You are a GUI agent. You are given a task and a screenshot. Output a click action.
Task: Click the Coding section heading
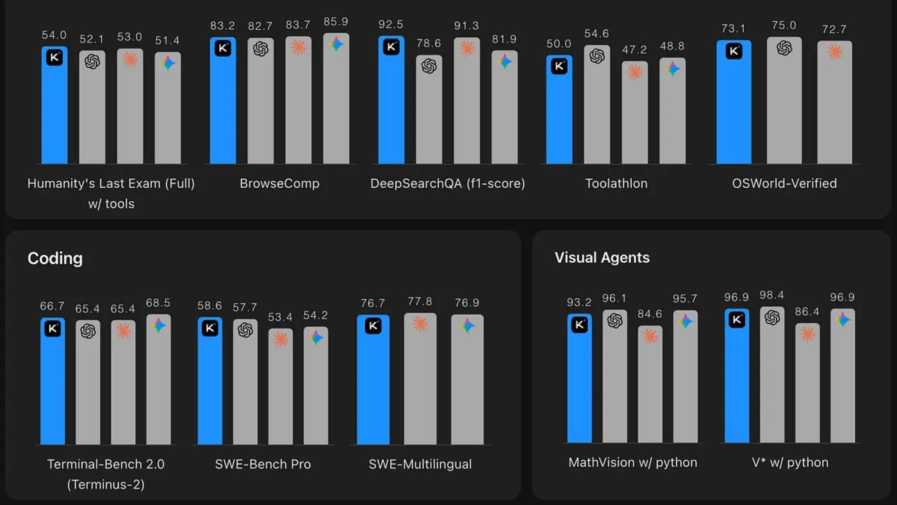coord(55,258)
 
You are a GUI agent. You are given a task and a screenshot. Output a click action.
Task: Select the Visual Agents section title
coord(602,258)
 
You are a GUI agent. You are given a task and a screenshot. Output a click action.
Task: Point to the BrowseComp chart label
coord(279,183)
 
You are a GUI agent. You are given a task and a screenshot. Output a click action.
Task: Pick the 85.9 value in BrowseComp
coord(336,22)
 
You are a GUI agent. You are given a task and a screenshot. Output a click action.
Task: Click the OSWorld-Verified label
coord(784,183)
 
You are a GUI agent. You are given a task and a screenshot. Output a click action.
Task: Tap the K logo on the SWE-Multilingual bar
coord(373,326)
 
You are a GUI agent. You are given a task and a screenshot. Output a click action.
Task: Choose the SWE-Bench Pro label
coord(263,464)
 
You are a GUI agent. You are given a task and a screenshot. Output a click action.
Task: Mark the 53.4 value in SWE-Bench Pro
coord(281,318)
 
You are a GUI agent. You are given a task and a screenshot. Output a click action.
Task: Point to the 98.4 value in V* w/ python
coord(772,295)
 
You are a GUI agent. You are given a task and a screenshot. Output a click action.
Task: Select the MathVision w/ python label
coord(632,462)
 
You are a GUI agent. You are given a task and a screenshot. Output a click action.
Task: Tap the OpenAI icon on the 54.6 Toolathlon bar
coord(597,56)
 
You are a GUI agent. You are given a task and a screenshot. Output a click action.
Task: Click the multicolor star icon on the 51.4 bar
coord(168,63)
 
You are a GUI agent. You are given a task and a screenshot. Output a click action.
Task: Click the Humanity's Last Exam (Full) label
coord(111,183)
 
